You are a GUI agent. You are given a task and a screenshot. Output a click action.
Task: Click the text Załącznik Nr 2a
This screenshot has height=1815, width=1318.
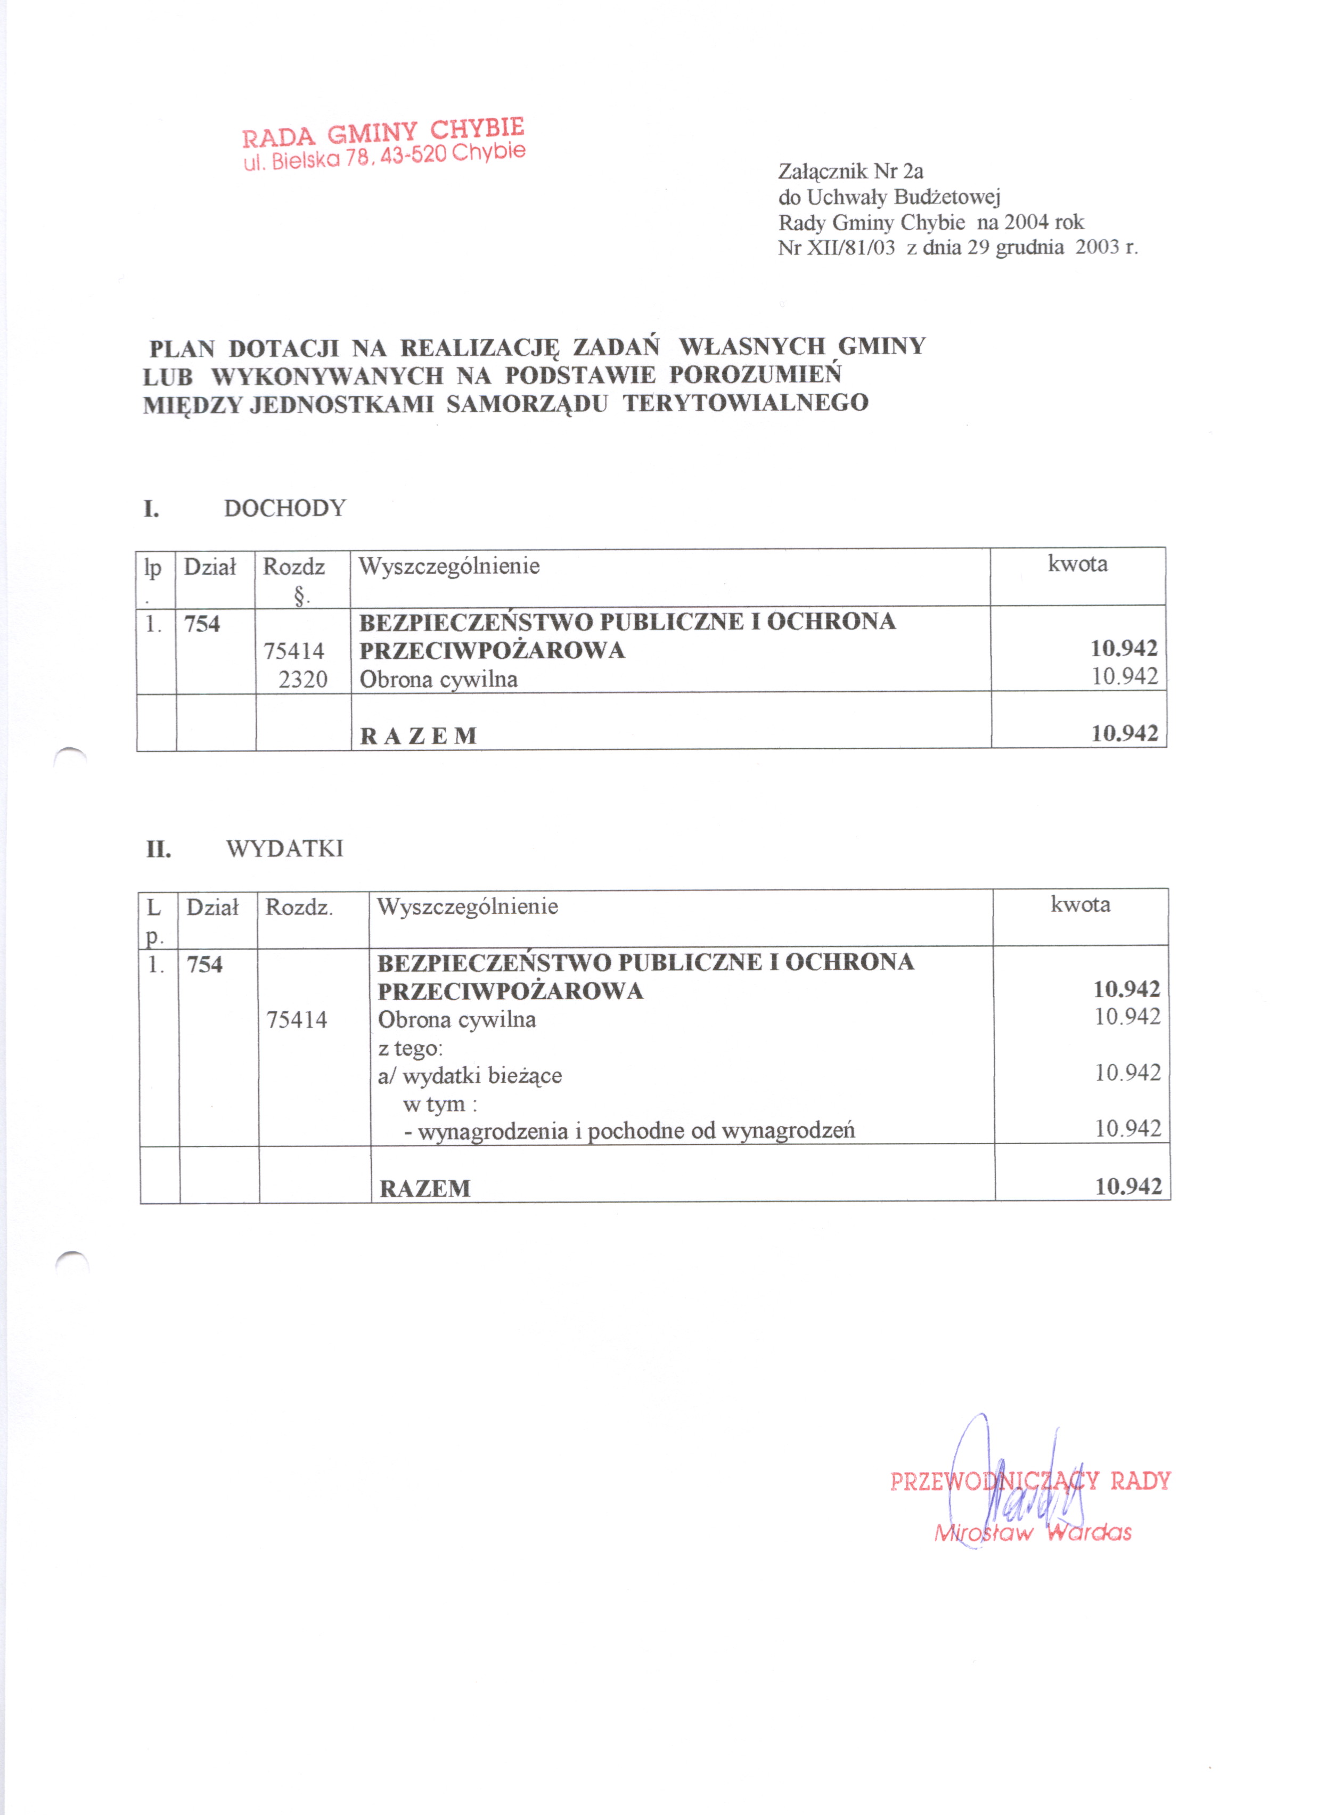point(850,171)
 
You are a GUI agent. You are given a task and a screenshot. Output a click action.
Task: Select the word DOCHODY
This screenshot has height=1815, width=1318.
point(285,508)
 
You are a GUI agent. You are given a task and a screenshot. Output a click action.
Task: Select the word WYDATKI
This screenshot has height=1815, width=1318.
point(285,848)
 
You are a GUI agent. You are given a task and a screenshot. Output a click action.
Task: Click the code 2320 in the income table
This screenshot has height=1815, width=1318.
point(302,680)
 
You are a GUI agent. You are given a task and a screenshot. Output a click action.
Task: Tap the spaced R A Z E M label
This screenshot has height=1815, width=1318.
point(419,736)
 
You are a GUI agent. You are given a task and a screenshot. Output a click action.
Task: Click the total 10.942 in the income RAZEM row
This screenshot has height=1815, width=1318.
point(1124,733)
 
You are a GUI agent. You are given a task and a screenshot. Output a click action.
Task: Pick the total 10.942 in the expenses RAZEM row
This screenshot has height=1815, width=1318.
point(1127,1186)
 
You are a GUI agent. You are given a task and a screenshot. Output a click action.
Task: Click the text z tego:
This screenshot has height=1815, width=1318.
point(410,1048)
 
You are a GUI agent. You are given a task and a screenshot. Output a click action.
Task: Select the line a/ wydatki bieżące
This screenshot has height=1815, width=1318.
point(470,1076)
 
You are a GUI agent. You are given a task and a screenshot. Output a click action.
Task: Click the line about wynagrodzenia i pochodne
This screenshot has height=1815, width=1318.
point(629,1131)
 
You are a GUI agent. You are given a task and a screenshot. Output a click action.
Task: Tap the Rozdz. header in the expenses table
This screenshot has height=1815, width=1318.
point(299,907)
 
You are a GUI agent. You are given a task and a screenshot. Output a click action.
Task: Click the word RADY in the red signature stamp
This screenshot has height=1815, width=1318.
point(1140,1481)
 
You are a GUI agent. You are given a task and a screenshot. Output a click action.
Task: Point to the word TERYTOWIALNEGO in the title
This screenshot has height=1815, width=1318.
point(746,403)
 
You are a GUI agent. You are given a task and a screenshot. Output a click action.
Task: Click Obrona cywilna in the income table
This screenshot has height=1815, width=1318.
point(438,680)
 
